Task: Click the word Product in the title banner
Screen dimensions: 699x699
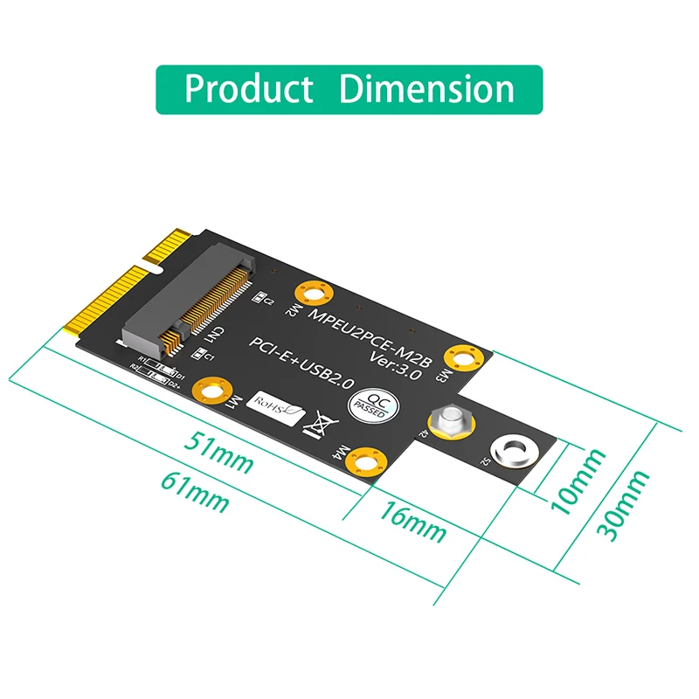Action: click(x=248, y=89)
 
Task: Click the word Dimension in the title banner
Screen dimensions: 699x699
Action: click(x=426, y=89)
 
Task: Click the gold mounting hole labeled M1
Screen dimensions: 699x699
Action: click(x=212, y=390)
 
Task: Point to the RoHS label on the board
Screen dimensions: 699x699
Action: click(x=274, y=405)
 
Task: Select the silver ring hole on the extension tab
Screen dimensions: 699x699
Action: click(x=510, y=452)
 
